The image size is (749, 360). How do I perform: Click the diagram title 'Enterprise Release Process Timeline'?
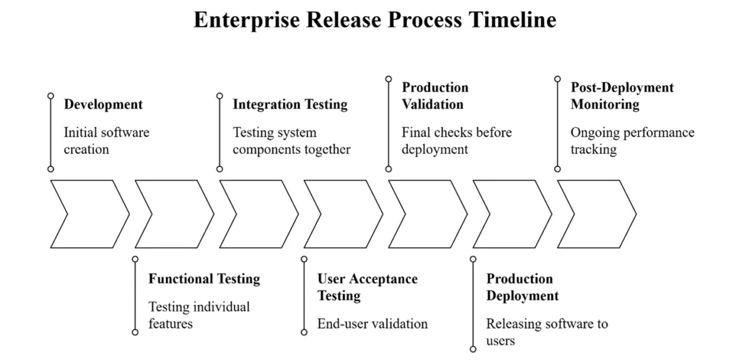(x=375, y=20)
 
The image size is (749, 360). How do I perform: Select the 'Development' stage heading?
(x=104, y=104)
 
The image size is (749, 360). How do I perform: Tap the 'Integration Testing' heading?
(x=290, y=104)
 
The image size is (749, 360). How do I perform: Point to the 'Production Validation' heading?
(x=435, y=95)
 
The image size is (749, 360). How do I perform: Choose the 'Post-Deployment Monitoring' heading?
(x=622, y=95)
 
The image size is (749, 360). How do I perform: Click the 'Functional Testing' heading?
(x=204, y=279)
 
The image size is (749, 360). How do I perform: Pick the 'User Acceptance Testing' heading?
(x=368, y=287)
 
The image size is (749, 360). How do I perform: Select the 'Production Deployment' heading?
(x=522, y=287)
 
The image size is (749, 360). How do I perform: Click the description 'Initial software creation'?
(x=107, y=141)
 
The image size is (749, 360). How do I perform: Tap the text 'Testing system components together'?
(x=291, y=141)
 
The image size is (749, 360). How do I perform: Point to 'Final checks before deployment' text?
(x=457, y=141)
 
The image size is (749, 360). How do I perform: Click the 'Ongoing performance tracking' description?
(x=632, y=141)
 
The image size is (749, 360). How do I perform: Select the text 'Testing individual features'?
(x=199, y=315)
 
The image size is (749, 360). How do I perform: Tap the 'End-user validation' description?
(x=373, y=324)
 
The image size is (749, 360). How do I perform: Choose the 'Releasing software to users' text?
(x=547, y=332)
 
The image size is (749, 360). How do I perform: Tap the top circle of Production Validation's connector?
(x=388, y=79)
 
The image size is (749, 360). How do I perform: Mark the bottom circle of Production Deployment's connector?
(x=473, y=349)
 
